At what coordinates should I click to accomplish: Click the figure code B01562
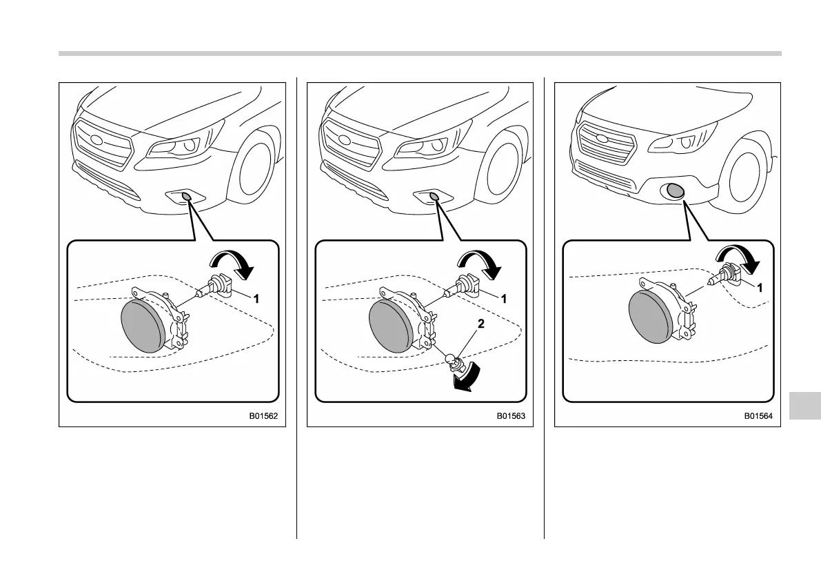[x=263, y=417]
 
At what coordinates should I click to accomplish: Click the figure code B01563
[x=511, y=417]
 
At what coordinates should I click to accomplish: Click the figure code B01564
[x=758, y=417]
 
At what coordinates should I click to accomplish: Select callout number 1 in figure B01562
[x=256, y=300]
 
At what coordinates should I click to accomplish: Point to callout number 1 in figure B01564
[x=760, y=288]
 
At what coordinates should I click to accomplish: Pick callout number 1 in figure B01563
[x=505, y=299]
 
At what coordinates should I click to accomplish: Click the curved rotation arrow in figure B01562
[x=234, y=266]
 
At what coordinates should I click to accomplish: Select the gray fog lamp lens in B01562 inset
[x=143, y=326]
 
